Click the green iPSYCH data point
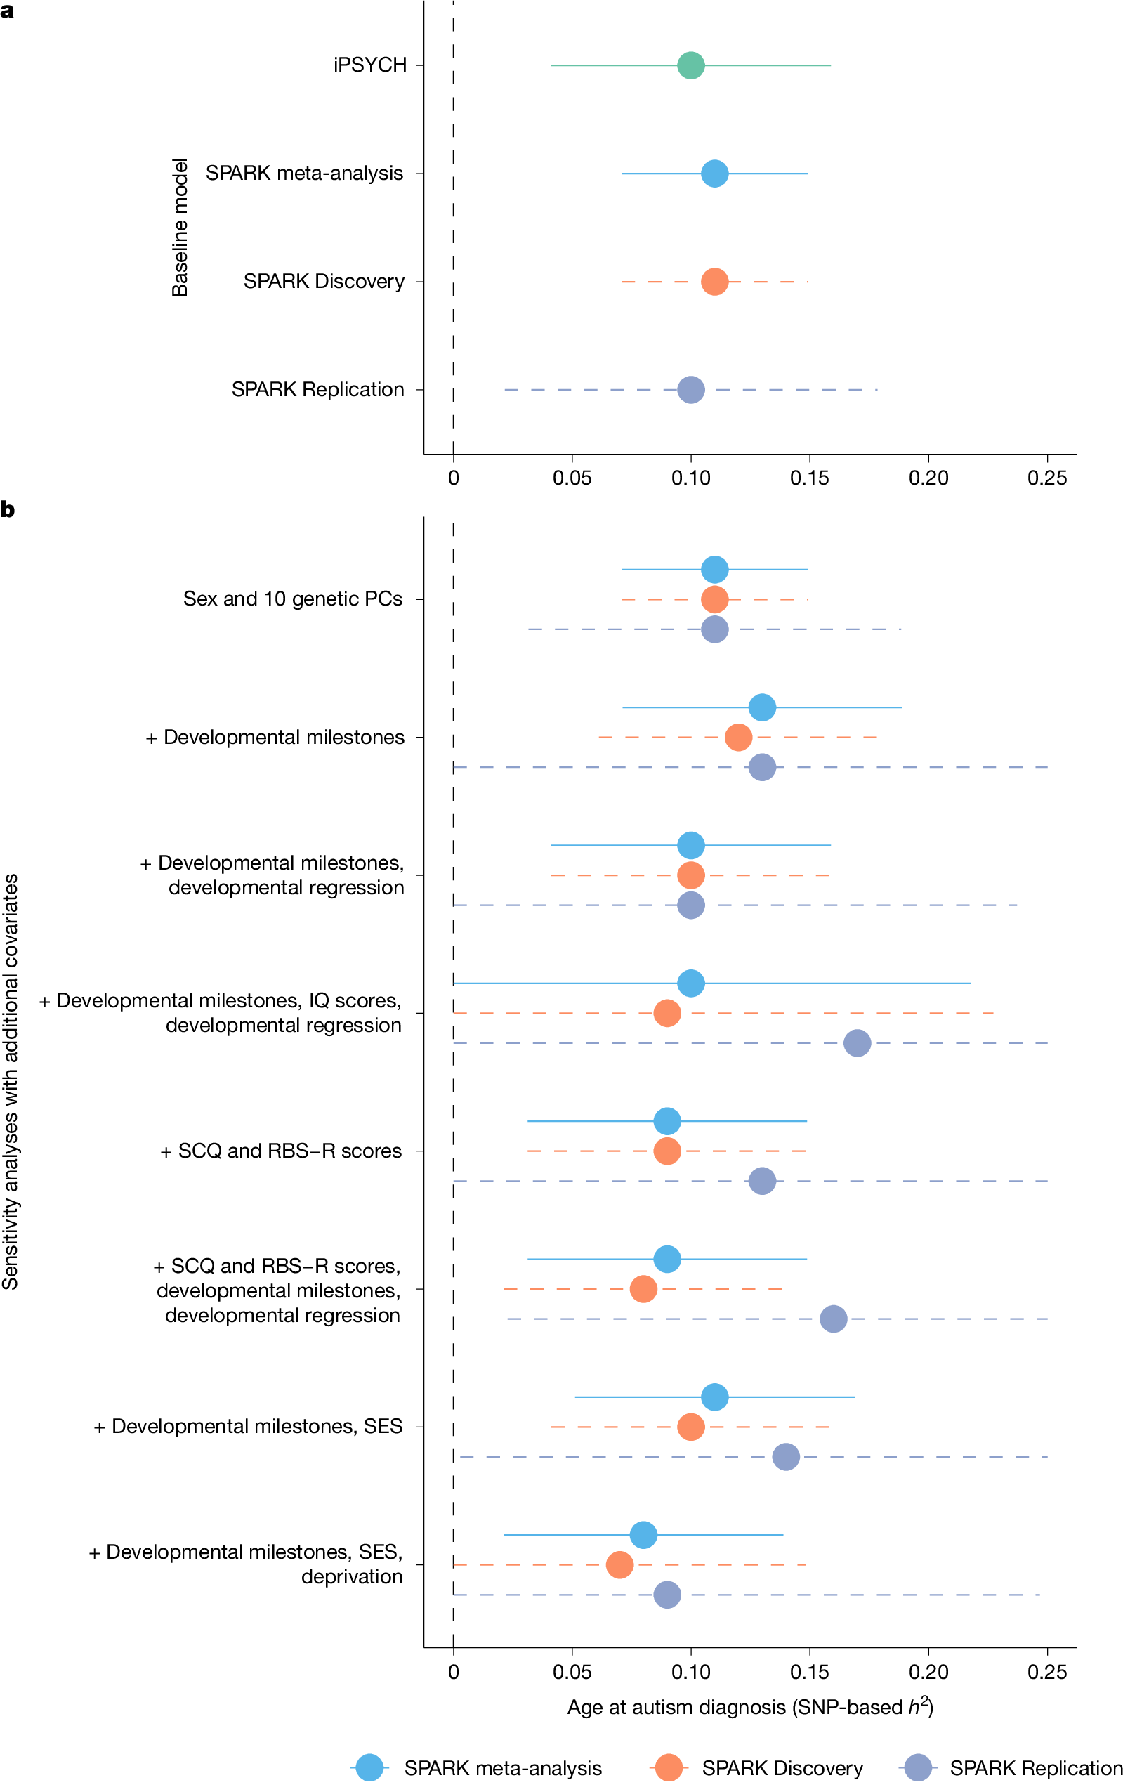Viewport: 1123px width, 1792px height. tap(691, 65)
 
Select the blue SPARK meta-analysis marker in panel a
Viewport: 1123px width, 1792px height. tap(714, 174)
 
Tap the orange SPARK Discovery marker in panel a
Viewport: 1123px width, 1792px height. tap(714, 282)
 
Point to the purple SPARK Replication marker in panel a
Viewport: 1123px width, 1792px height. tap(691, 390)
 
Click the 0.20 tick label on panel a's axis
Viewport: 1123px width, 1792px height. tap(928, 479)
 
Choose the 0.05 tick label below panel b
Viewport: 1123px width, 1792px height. tap(572, 1673)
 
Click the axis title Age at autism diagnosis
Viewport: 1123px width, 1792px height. tap(749, 1707)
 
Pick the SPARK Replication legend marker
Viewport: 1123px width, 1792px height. tap(919, 1768)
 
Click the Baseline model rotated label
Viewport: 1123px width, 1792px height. tap(180, 228)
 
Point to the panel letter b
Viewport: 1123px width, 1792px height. tap(8, 510)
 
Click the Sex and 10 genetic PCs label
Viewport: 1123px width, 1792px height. tap(293, 599)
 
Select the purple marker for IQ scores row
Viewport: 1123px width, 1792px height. tap(857, 1043)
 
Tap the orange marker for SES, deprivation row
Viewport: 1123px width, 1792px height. tap(619, 1564)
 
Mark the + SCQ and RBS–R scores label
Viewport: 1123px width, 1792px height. tap(281, 1151)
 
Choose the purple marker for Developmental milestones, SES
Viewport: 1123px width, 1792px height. tap(786, 1457)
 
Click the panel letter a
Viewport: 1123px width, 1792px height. tap(7, 11)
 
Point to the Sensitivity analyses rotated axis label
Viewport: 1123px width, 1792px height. tap(11, 1082)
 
